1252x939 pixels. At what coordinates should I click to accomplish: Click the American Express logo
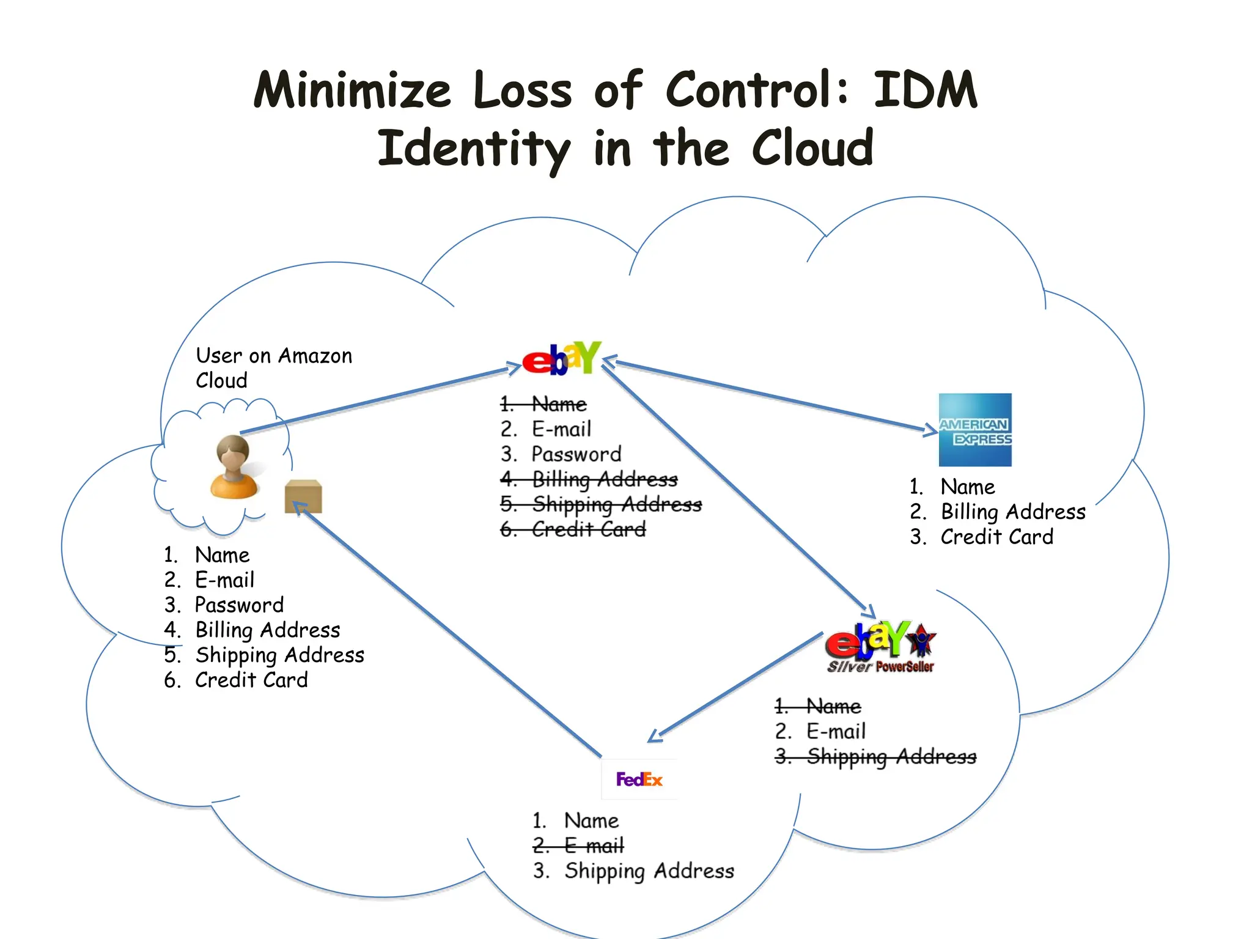coord(974,430)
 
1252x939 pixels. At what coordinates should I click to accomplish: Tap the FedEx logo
coord(639,779)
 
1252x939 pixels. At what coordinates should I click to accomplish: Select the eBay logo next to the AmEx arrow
coord(561,359)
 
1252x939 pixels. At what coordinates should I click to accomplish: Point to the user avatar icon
coord(233,467)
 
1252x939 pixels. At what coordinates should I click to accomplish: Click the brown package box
coord(303,496)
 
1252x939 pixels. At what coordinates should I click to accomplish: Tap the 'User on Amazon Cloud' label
coord(273,367)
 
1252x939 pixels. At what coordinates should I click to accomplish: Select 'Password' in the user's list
coord(239,605)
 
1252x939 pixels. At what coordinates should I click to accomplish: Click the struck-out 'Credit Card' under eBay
coord(588,529)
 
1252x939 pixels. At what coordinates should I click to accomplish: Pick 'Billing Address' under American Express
coord(1012,512)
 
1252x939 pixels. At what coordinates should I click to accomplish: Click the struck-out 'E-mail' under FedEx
coord(594,845)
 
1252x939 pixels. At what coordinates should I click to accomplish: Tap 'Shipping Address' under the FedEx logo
coord(649,871)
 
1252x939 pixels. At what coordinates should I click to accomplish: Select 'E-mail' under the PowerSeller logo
coord(836,731)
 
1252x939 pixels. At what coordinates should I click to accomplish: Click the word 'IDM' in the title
coord(925,90)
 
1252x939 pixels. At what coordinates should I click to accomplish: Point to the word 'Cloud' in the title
coord(812,149)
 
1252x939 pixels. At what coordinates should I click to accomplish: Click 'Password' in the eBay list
coord(576,454)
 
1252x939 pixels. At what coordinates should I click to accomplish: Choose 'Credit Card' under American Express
coord(996,537)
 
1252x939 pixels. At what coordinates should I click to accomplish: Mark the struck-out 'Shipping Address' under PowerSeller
coord(891,757)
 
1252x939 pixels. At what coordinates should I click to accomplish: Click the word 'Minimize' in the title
coord(352,90)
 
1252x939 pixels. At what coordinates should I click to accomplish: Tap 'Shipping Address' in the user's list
coord(279,655)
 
